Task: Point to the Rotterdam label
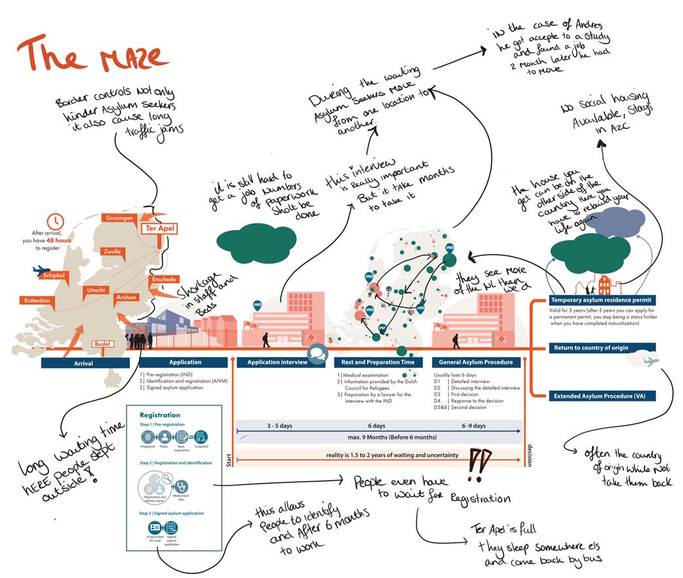coord(37,300)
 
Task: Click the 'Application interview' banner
coord(277,362)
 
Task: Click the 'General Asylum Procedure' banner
coord(477,362)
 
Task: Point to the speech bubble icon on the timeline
coord(317,352)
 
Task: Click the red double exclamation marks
coord(480,465)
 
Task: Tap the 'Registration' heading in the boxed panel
coord(160,415)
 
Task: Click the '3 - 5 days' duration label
coord(279,426)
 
